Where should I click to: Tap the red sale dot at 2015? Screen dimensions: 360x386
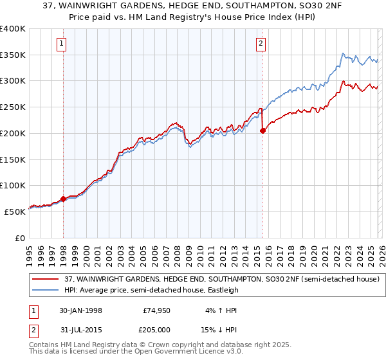pyautogui.click(x=262, y=130)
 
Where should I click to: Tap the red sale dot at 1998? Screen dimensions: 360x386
pyautogui.click(x=64, y=199)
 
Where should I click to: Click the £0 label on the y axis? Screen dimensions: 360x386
pyautogui.click(x=19, y=238)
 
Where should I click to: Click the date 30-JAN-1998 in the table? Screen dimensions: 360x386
pyautogui.click(x=80, y=310)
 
